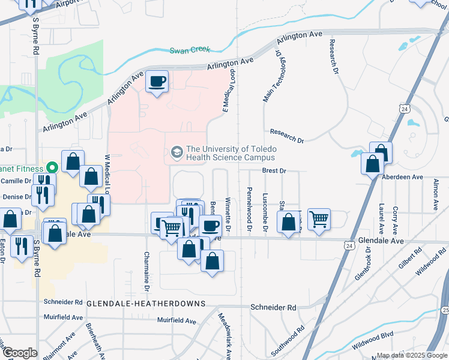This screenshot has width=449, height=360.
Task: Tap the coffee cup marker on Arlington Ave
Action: pyautogui.click(x=157, y=80)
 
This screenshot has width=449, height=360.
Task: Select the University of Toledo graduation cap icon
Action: pyautogui.click(x=176, y=152)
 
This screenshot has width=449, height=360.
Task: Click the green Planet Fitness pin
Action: pyautogui.click(x=52, y=169)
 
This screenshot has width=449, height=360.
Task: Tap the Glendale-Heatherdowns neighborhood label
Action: pyautogui.click(x=146, y=304)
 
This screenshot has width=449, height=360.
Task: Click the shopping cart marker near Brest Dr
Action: pyautogui.click(x=319, y=218)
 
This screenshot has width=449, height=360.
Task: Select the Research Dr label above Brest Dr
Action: pyautogui.click(x=287, y=136)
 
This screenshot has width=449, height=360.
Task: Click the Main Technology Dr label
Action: pyautogui.click(x=268, y=76)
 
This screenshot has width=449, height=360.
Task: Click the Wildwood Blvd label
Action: pyautogui.click(x=372, y=343)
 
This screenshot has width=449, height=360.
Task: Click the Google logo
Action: pyautogui.click(x=20, y=353)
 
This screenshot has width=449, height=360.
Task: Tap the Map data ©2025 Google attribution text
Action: pyautogui.click(x=412, y=355)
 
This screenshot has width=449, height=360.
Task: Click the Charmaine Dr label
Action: pyautogui.click(x=146, y=268)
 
